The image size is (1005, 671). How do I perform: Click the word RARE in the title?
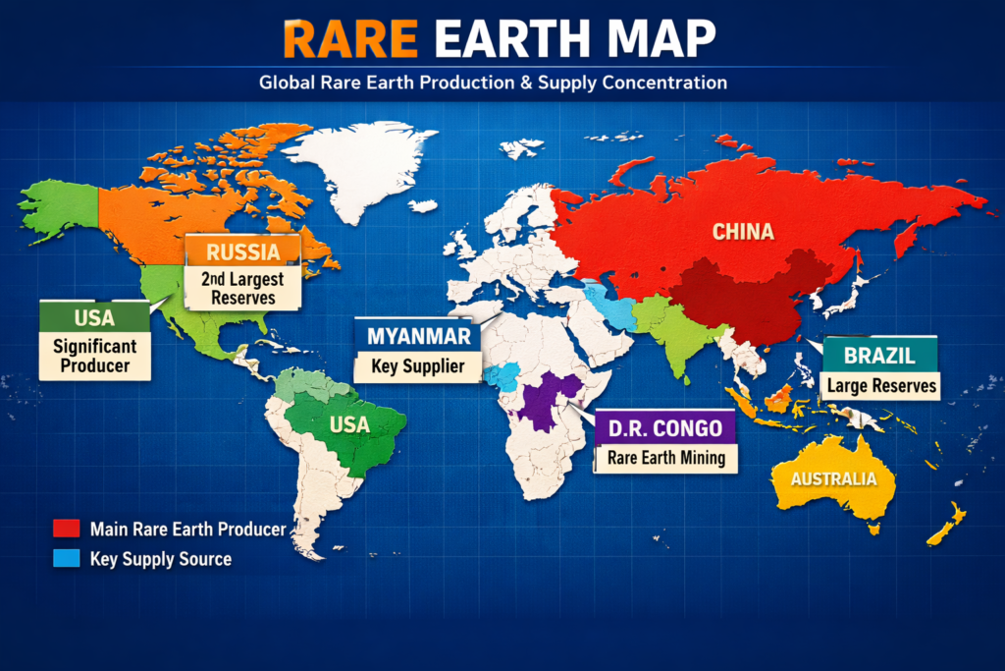coord(343,38)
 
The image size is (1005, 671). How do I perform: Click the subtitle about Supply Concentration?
coord(493,83)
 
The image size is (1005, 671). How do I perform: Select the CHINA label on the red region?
coord(743,233)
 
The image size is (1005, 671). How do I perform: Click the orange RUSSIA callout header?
coord(244,252)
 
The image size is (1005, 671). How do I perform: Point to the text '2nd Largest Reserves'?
coord(243,288)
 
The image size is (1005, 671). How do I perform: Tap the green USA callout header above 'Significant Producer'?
coord(94,317)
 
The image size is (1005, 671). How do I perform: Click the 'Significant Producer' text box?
coord(94,356)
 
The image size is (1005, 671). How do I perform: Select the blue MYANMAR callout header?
coord(418,335)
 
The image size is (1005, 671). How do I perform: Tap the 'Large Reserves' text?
coord(881,385)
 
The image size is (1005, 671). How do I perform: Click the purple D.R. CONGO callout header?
coord(664,427)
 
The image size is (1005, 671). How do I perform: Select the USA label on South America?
coord(350,425)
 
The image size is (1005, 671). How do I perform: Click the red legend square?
coord(65,530)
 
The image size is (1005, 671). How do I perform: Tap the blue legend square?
coord(65,559)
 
